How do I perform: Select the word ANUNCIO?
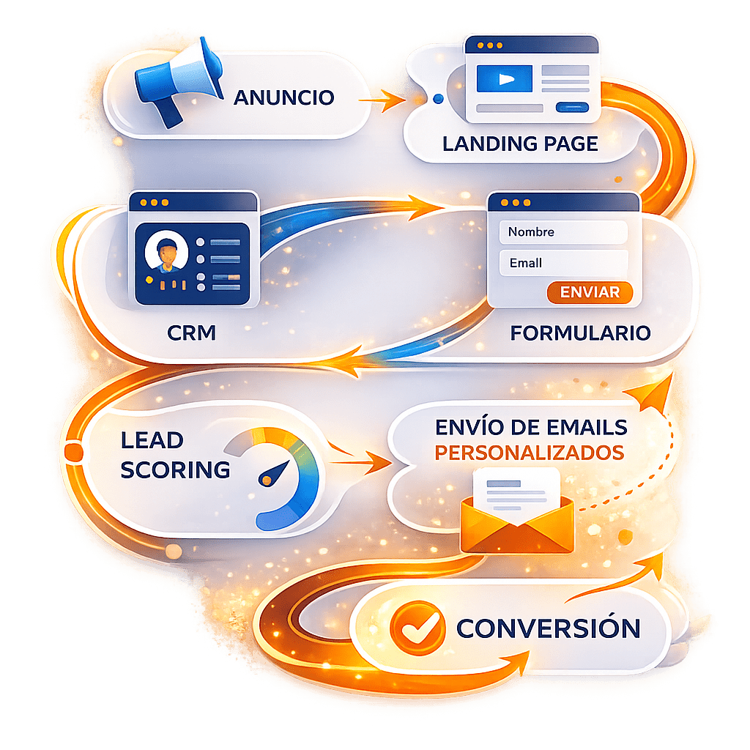pyautogui.click(x=283, y=97)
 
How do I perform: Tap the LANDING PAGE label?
pyautogui.click(x=520, y=144)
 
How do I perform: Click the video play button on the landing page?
pyautogui.click(x=506, y=80)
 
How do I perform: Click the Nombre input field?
pyautogui.click(x=562, y=232)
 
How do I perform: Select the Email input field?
pyautogui.click(x=562, y=263)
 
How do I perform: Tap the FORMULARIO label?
pyautogui.click(x=580, y=333)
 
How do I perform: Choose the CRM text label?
pyautogui.click(x=192, y=333)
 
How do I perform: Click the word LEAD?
pyautogui.click(x=152, y=441)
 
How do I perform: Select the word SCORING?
pyautogui.click(x=175, y=469)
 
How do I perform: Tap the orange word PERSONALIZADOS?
pyautogui.click(x=529, y=451)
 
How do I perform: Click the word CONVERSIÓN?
pyautogui.click(x=548, y=628)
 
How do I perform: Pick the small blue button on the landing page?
pyautogui.click(x=573, y=108)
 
